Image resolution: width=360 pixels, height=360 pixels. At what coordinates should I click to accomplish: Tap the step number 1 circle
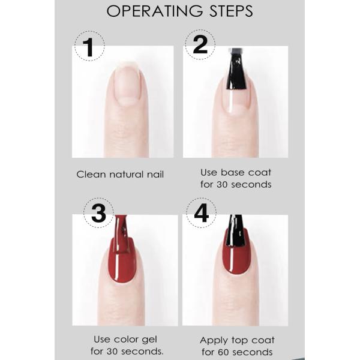click(x=89, y=46)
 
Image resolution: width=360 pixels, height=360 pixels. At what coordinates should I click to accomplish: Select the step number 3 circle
click(x=98, y=214)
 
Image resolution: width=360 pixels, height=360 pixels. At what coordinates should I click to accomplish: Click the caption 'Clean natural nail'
click(x=120, y=175)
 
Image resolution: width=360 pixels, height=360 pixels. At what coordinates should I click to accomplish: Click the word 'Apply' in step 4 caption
click(x=215, y=340)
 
